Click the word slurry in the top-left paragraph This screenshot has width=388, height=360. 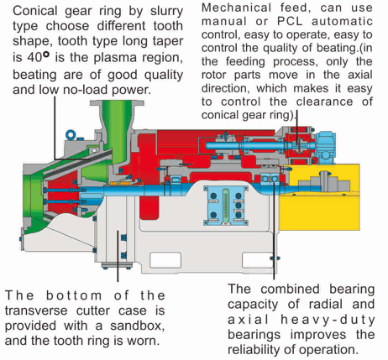[x=166, y=12]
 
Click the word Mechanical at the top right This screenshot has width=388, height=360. [x=237, y=8]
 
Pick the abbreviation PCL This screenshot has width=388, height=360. [x=291, y=21]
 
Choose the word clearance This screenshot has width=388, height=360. [x=325, y=102]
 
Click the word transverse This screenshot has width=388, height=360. [x=36, y=310]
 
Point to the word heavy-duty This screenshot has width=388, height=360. [x=328, y=320]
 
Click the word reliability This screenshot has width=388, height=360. [x=254, y=350]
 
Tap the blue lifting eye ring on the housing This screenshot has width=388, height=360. [x=71, y=135]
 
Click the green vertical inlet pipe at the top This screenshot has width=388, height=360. [x=118, y=132]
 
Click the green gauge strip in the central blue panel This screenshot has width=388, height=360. [x=226, y=206]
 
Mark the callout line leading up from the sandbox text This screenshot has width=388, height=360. [x=118, y=256]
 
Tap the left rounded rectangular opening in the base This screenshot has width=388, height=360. [x=165, y=260]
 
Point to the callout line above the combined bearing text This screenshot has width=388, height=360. [x=274, y=228]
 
